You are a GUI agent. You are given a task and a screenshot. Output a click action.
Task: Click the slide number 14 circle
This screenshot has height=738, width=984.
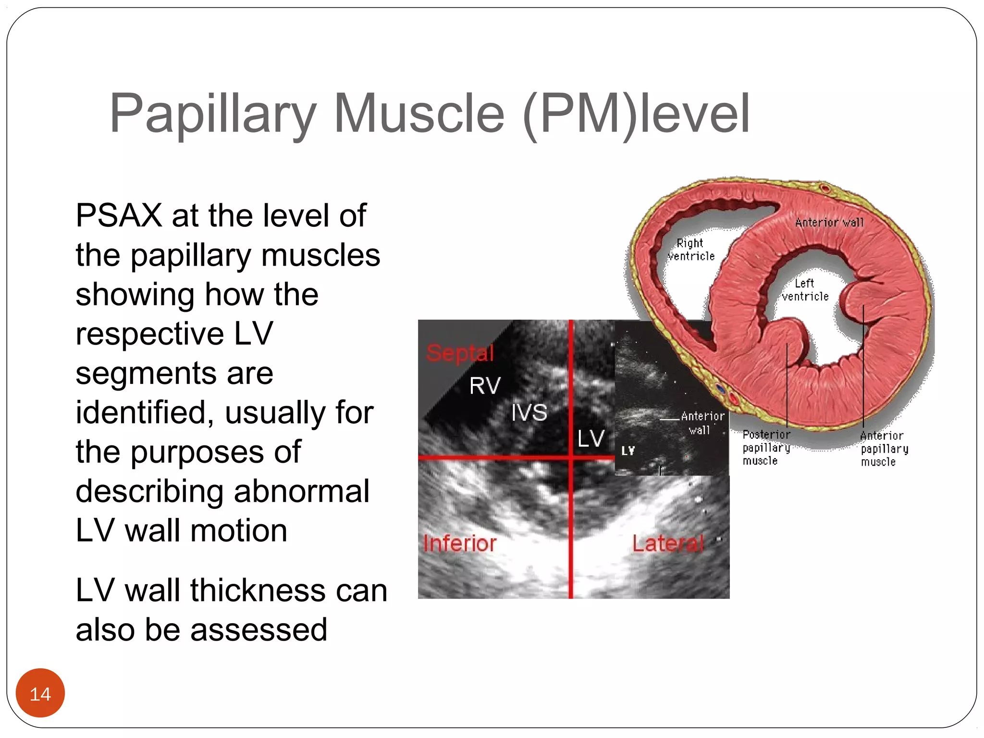pos(40,693)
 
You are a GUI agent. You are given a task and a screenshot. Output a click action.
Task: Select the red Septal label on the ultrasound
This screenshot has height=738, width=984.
pos(460,353)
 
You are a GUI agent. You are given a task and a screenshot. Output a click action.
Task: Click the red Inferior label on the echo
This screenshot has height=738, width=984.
pos(459,543)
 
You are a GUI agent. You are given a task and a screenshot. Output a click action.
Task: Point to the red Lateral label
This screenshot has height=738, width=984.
pos(668,543)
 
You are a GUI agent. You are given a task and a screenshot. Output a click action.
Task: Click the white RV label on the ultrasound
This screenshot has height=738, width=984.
pos(485,386)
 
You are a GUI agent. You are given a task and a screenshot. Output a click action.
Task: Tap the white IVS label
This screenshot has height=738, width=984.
pos(529,412)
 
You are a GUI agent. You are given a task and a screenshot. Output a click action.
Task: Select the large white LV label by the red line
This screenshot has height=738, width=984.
pos(590,438)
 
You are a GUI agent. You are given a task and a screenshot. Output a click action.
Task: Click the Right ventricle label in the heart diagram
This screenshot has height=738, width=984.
pos(691,249)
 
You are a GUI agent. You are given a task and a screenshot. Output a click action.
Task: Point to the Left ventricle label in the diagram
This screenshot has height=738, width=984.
pos(805,290)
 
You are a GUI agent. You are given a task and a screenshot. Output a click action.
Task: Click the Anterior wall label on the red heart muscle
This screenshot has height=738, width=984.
pos(829,222)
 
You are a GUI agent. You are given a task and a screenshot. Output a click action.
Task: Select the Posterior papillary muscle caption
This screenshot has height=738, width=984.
pos(766,447)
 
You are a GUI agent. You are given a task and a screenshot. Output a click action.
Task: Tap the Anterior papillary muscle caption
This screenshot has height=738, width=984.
pos(884,448)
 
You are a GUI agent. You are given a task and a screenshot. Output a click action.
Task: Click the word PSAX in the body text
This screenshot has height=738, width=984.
pos(119,215)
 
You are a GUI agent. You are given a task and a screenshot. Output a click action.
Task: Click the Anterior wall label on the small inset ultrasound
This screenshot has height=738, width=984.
pos(702,423)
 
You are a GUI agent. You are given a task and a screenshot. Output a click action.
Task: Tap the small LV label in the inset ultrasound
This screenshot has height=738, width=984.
pos(628,451)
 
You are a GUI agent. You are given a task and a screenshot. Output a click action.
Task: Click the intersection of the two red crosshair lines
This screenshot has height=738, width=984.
pos(571,457)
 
